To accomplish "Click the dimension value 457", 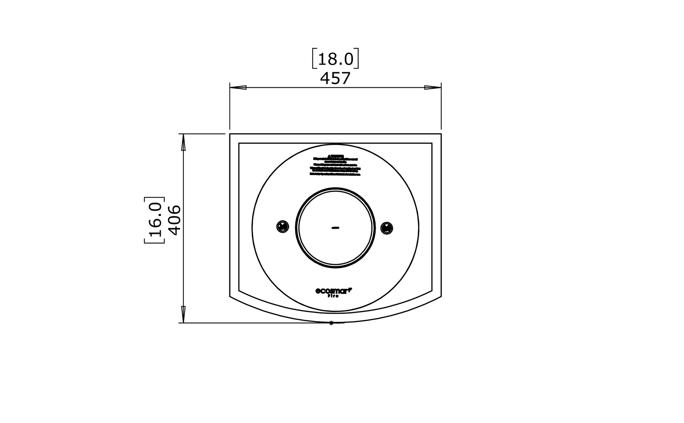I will tap(335, 78).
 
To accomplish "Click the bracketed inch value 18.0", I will tap(335, 59).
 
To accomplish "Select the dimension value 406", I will tap(175, 220).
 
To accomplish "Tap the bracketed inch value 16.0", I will tap(155, 220).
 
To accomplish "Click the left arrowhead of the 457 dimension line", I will tap(238, 87).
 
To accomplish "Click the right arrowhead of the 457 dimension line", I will tap(433, 87).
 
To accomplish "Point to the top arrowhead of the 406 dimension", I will tap(183, 142).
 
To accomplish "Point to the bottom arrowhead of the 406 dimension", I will tap(183, 314).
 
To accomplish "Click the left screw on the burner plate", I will tap(283, 226).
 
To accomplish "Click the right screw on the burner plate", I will tap(387, 228).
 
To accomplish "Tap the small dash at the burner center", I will tap(335, 228).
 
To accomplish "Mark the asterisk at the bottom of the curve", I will tap(331, 323).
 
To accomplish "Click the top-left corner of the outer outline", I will tap(230, 134).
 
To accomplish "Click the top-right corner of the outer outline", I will tap(441, 134).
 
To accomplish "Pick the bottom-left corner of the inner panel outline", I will tap(239, 291).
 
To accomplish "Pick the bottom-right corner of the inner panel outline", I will tap(432, 291).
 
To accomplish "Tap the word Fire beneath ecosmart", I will tap(333, 296).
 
